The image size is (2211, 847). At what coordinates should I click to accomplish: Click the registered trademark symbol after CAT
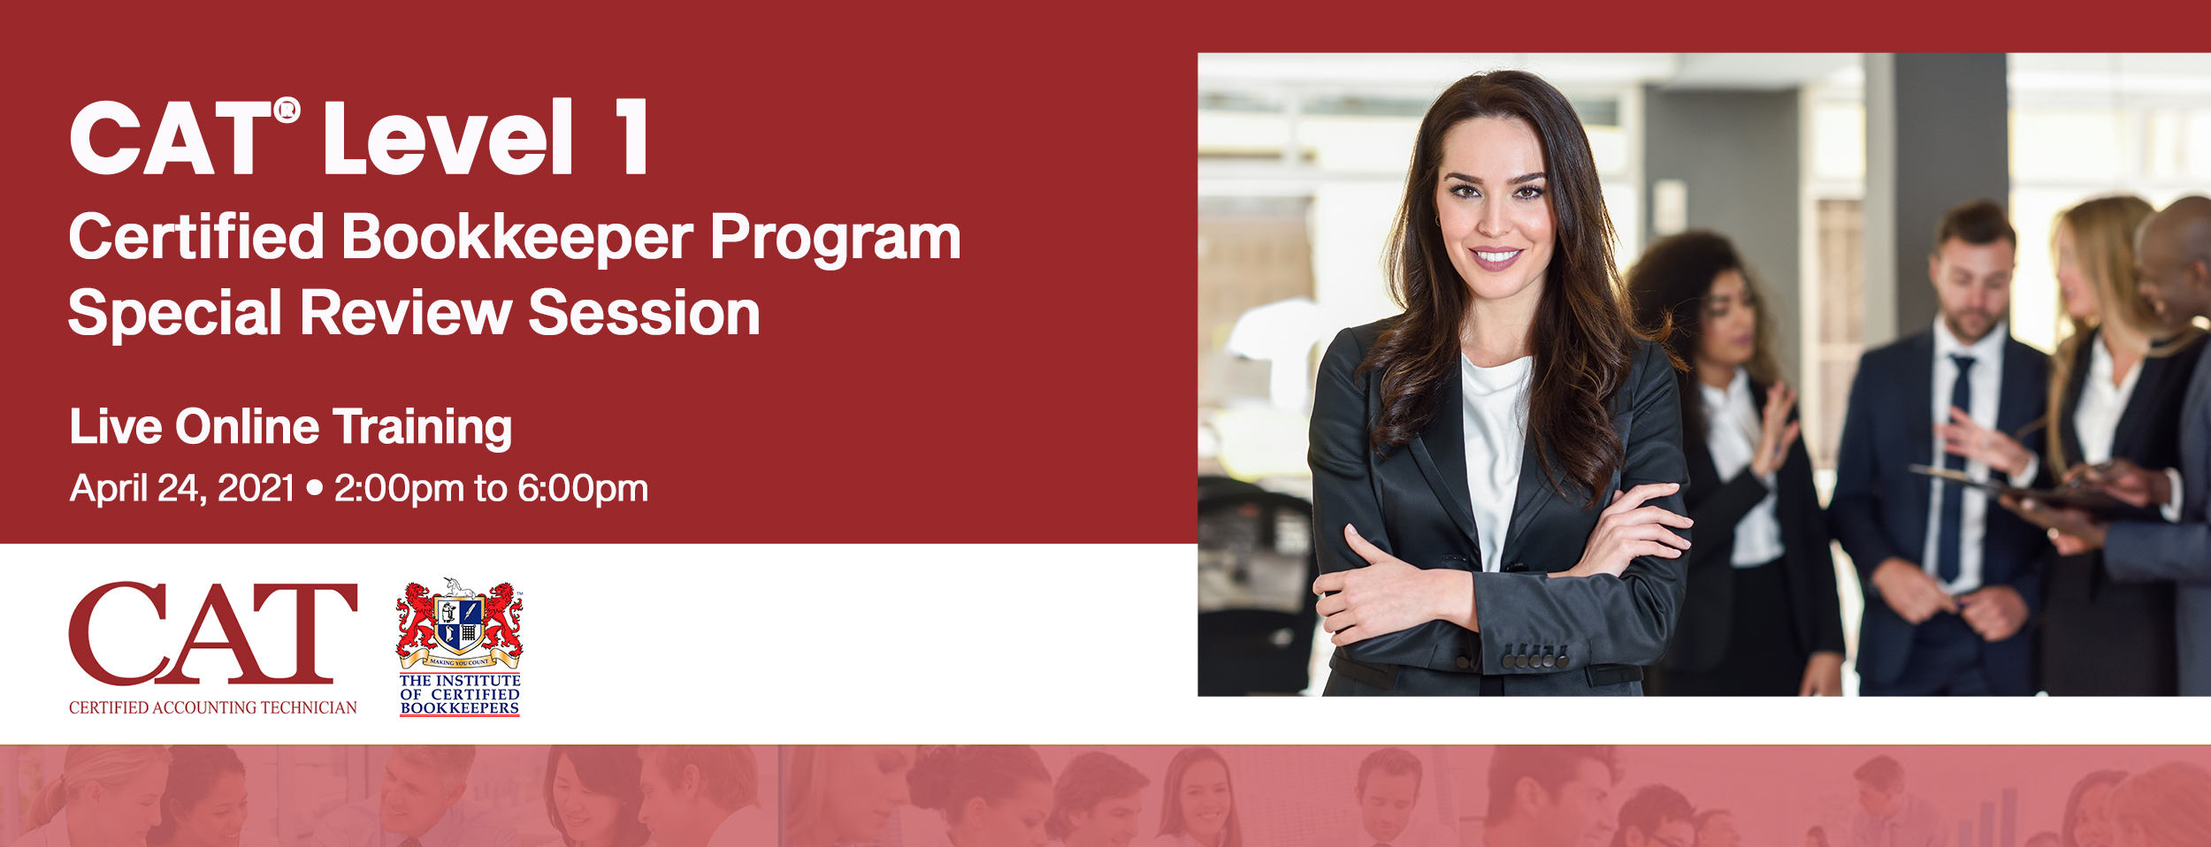tap(287, 111)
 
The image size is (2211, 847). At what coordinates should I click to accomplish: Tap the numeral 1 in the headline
tap(633, 136)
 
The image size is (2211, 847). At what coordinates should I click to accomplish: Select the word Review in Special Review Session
tap(406, 313)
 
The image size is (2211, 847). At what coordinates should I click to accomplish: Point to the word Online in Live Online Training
tap(247, 427)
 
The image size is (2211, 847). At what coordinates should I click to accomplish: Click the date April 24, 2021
tap(181, 489)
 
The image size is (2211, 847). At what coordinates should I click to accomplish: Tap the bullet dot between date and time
tap(314, 487)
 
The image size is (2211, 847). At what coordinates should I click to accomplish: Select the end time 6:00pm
tap(583, 489)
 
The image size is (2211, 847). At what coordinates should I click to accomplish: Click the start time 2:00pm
tap(399, 489)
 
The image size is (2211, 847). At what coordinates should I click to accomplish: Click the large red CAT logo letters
tap(213, 633)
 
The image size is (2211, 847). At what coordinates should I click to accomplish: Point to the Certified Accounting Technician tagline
tap(213, 707)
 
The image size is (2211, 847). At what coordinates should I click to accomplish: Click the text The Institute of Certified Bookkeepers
tap(460, 694)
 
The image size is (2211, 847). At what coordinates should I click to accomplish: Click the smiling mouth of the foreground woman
tap(1496, 257)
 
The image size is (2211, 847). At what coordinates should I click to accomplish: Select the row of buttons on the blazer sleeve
tap(1535, 659)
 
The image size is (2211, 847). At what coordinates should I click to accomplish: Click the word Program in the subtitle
tap(835, 239)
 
